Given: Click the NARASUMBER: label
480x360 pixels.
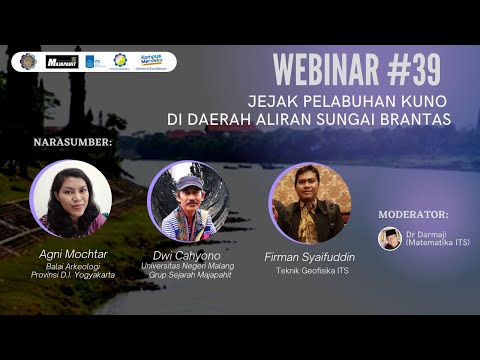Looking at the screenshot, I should pos(73,142).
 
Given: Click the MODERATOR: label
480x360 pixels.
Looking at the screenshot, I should pos(414,214).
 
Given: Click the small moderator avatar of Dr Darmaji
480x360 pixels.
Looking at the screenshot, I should pos(390,238).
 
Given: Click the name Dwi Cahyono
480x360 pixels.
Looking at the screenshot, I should pos(188,254).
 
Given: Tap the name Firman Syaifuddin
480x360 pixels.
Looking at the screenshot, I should pos(309,257).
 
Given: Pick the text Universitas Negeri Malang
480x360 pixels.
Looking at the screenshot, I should pos(188,266).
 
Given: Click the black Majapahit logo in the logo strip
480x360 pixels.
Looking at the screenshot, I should pos(62,62).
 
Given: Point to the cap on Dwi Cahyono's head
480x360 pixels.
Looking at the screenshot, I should pos(188,183).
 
